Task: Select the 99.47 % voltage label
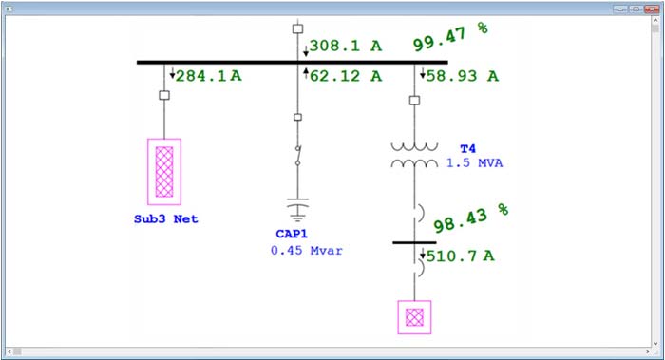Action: click(449, 38)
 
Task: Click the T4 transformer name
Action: click(467, 149)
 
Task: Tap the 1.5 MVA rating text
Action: click(474, 163)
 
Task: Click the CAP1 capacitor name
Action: click(297, 235)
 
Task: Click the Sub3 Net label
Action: click(165, 218)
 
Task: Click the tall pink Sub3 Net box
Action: click(164, 171)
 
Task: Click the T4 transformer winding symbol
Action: click(415, 155)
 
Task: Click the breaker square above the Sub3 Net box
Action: click(164, 96)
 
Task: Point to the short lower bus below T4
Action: click(414, 242)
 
